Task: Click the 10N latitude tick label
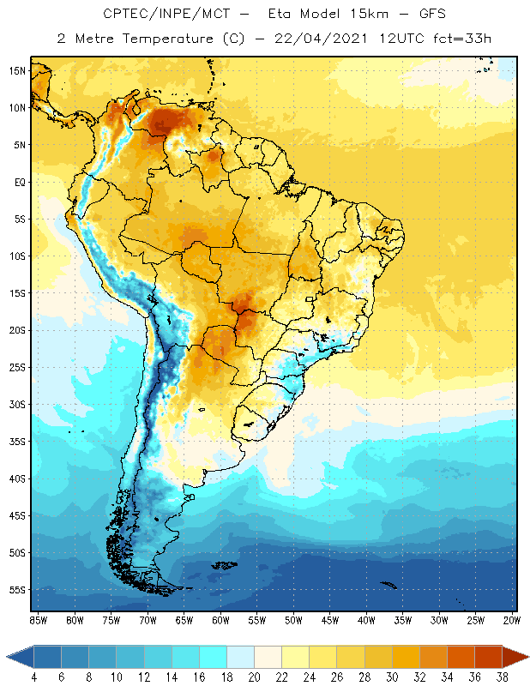[x=17, y=108]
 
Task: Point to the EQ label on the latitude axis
[x=18, y=182]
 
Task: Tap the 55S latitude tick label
[x=17, y=590]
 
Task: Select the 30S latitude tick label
[x=17, y=404]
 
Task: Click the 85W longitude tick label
[x=38, y=619]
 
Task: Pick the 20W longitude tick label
[x=512, y=619]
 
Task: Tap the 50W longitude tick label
[x=293, y=619]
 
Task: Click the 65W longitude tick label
[x=184, y=619]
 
